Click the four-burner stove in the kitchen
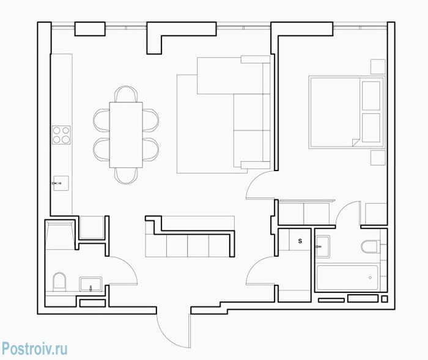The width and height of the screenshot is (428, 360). (61, 135)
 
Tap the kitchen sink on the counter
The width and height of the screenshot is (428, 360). (61, 183)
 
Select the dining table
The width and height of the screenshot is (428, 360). (126, 135)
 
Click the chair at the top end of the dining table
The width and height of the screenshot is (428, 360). (126, 94)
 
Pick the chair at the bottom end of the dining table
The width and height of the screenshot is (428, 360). (126, 176)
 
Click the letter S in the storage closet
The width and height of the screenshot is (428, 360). (300, 241)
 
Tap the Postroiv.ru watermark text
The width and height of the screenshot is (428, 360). (34, 348)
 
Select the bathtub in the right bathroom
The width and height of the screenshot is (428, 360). (347, 277)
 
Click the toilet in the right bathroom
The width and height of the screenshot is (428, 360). (369, 247)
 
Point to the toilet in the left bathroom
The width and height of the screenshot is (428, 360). (59, 281)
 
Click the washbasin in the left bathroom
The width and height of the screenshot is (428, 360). (91, 284)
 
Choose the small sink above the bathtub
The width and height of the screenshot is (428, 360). (323, 247)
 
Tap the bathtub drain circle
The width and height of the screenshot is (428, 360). (370, 277)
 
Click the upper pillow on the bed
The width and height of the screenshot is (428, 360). (371, 96)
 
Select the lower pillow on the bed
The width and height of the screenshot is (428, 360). (371, 128)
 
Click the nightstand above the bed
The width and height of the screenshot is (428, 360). (378, 67)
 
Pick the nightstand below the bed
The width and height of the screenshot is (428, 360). (378, 158)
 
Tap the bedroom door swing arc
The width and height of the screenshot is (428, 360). (254, 180)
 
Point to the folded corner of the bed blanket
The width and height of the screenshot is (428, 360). (356, 142)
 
